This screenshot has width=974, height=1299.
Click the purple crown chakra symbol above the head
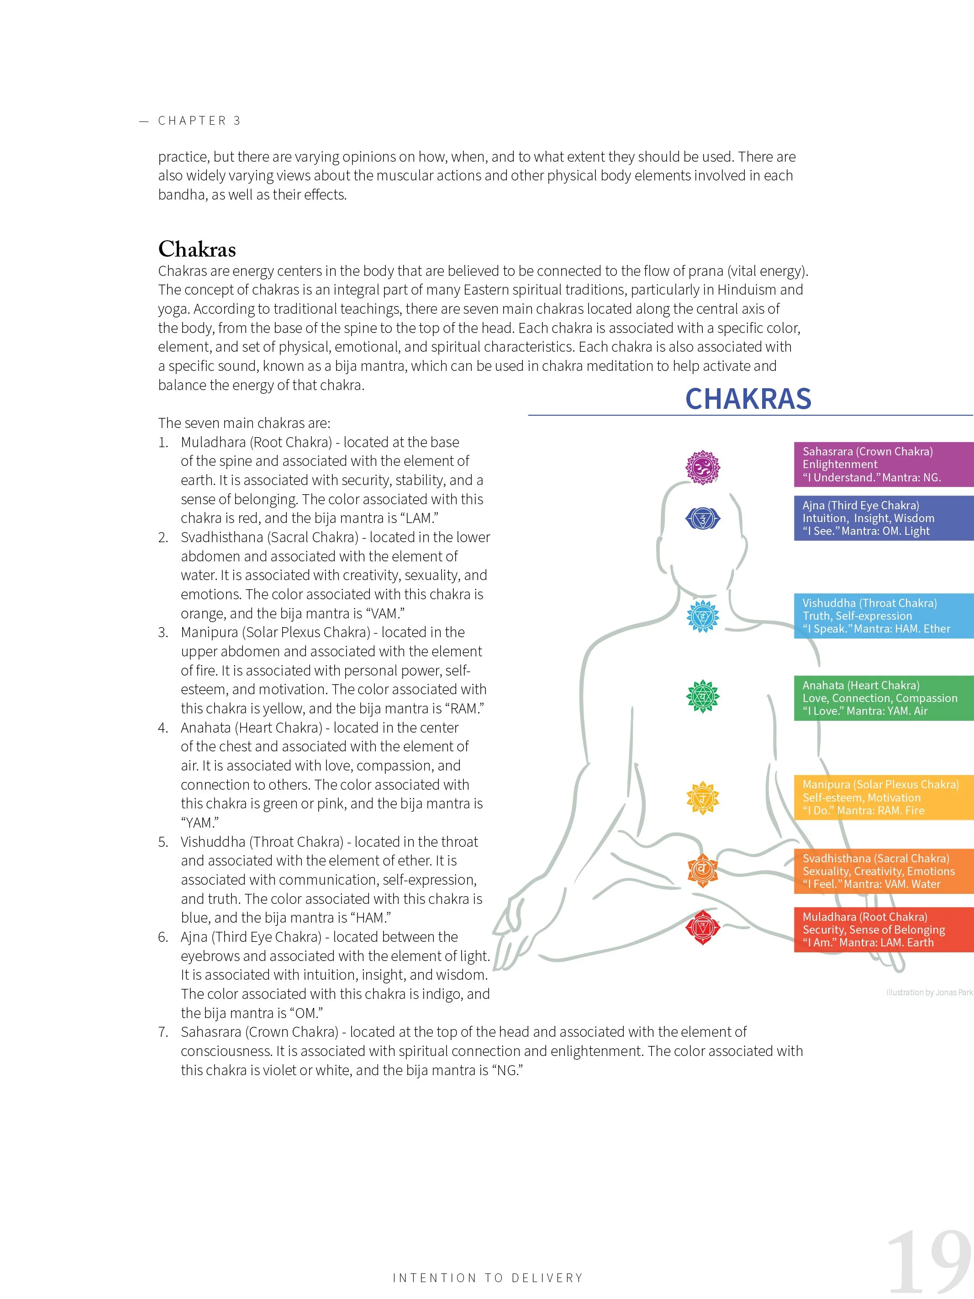click(x=703, y=467)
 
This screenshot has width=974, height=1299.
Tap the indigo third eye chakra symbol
click(x=703, y=518)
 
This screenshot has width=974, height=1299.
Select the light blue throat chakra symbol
click(x=703, y=616)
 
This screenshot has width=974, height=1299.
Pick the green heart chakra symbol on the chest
click(x=703, y=697)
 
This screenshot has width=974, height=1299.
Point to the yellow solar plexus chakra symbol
click(x=703, y=798)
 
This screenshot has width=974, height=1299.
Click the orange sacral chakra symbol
click(x=703, y=870)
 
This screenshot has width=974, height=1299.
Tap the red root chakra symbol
click(x=703, y=927)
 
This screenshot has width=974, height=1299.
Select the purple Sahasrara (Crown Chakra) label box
click(x=884, y=465)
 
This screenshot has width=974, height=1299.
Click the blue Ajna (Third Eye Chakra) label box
click(x=884, y=518)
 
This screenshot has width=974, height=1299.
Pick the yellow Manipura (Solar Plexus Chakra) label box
click(x=884, y=797)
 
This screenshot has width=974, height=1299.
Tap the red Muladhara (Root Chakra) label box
click(x=884, y=929)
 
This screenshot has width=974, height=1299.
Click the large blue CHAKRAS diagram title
click(x=748, y=399)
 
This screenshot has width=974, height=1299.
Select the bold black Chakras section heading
click(x=197, y=249)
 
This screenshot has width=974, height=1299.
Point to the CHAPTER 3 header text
click(x=199, y=121)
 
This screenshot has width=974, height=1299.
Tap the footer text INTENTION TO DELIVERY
click(x=487, y=1278)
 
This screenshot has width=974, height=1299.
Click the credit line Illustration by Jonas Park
click(x=929, y=993)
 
